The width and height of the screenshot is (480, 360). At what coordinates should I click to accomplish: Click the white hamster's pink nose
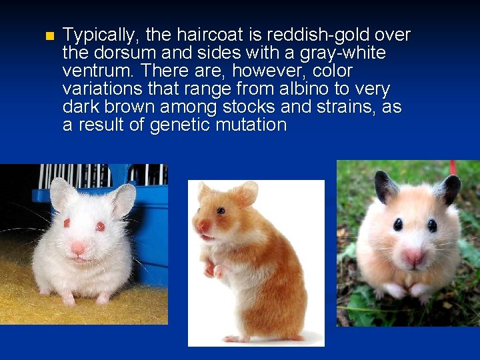click(78, 247)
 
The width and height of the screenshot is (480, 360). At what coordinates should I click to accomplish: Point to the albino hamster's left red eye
click(67, 223)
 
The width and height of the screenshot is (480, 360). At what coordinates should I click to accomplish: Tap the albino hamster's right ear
click(124, 199)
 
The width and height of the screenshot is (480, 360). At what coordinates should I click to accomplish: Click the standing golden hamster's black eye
click(221, 211)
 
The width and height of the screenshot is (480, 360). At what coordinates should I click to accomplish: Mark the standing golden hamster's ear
click(246, 193)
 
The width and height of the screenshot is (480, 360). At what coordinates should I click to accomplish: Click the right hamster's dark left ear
click(385, 186)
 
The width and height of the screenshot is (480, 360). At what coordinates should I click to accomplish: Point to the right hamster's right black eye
click(432, 225)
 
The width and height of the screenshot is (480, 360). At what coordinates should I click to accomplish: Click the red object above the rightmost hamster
click(453, 167)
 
